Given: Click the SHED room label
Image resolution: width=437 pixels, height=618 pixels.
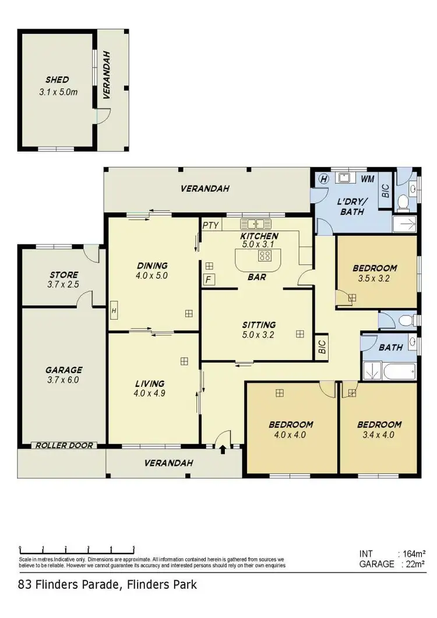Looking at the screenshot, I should [57, 80].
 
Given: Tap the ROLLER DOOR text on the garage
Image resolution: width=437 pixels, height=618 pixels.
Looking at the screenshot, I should [64, 445].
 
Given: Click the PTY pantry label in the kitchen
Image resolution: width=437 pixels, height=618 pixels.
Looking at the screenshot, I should [209, 225].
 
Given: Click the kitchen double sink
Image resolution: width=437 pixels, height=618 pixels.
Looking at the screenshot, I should [255, 223].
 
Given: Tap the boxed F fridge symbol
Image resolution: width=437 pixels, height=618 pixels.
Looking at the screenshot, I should [207, 280].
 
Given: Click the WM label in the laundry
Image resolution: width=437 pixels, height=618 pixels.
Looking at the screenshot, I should [367, 179].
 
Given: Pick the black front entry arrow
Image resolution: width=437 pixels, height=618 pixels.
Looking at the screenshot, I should [223, 448].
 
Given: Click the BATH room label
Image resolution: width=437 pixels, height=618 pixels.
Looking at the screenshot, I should [390, 347].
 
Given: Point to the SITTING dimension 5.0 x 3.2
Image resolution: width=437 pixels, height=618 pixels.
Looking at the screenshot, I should [259, 335].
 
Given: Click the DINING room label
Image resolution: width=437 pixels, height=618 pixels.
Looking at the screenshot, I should [150, 266].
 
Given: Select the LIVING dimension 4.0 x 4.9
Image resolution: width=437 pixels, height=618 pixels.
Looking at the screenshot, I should [150, 393].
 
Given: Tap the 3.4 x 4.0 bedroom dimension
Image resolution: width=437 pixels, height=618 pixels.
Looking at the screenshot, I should [379, 434].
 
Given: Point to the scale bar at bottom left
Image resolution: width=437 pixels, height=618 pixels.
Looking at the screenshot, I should [77, 549].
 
